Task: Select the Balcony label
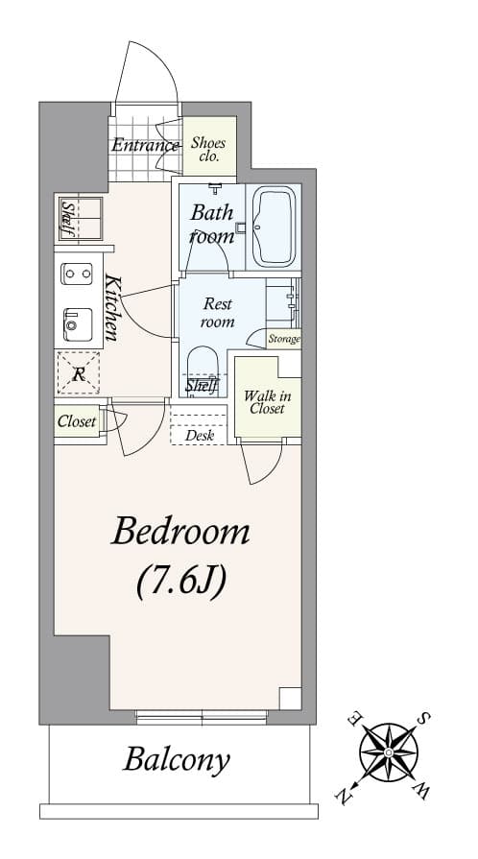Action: (177, 760)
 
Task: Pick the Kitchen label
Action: (112, 309)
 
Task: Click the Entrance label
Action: (145, 146)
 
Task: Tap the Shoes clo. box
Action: (208, 150)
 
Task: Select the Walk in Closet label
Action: (266, 401)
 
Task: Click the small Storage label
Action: (283, 339)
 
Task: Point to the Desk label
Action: (200, 435)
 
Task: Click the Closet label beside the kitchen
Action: (77, 420)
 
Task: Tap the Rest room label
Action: (218, 313)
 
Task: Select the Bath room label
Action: (212, 224)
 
